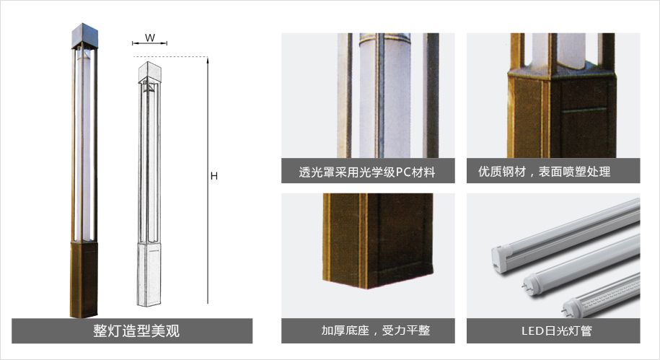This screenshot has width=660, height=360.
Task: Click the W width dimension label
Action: [150, 38]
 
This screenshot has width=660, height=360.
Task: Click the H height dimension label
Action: [214, 176]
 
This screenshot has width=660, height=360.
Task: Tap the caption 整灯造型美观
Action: [136, 331]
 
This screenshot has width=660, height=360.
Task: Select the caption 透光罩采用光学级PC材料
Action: [366, 172]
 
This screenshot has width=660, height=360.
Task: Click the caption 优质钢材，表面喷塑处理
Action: [545, 172]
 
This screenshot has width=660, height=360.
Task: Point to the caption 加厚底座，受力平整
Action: [376, 330]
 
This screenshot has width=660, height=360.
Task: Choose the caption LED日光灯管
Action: [556, 330]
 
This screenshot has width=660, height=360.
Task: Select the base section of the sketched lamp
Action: [149, 273]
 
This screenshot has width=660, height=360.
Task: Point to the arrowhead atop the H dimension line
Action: [208, 60]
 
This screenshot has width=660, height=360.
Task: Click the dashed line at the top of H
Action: [170, 56]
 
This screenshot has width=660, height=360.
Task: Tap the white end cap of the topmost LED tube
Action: [500, 257]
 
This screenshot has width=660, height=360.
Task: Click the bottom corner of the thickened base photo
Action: [367, 288]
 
